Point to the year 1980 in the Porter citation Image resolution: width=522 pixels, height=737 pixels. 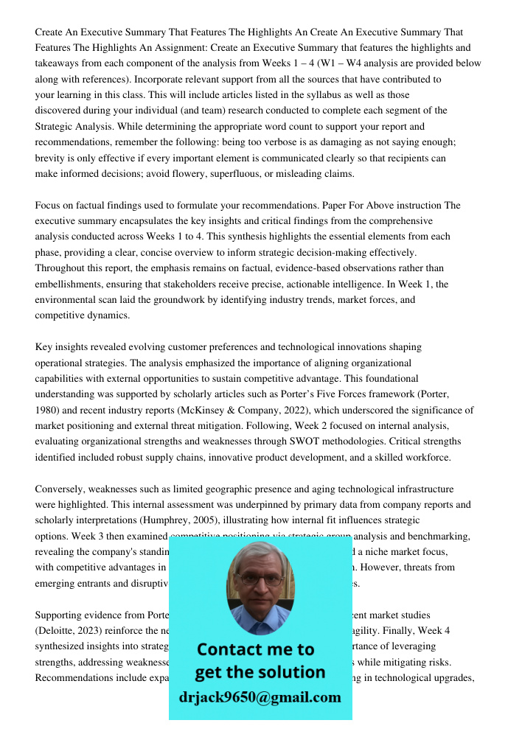coord(46,410)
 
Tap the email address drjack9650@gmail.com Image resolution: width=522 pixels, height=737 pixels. coord(260,696)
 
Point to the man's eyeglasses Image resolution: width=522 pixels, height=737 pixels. coord(260,578)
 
